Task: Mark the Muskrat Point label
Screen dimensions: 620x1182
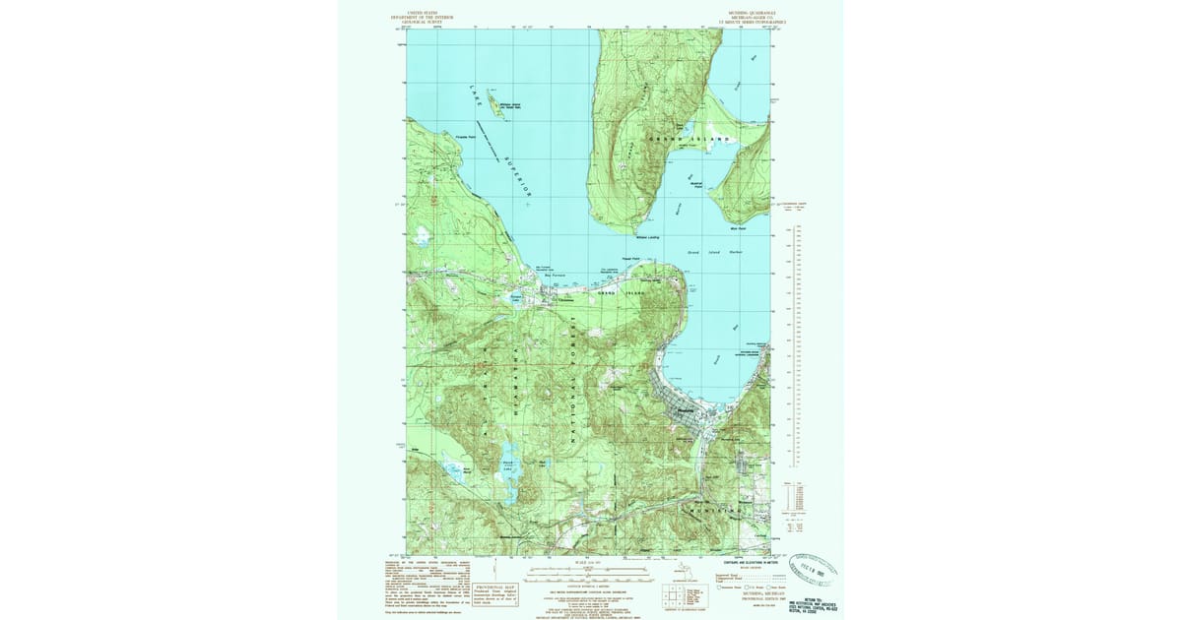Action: click(x=697, y=184)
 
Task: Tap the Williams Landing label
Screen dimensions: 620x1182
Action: click(x=647, y=237)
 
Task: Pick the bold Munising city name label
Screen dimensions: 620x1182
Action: click(x=687, y=411)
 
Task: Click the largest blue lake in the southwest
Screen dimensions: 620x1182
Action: click(x=508, y=484)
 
